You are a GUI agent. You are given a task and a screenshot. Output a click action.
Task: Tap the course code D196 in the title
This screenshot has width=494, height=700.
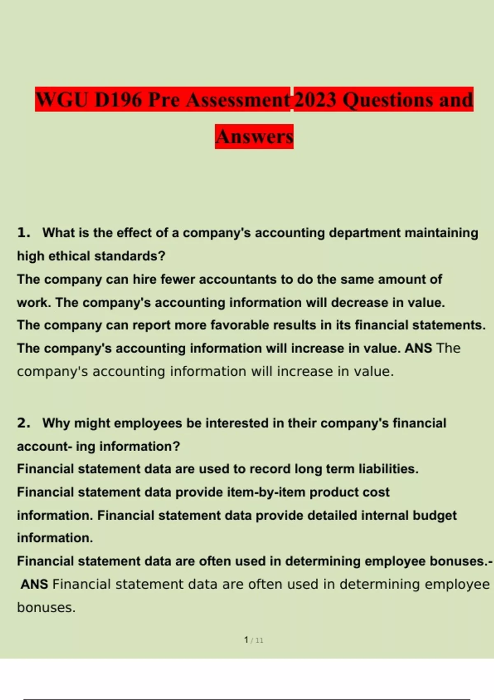(118, 100)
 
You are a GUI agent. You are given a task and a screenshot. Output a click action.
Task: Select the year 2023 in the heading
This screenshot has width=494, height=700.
(315, 100)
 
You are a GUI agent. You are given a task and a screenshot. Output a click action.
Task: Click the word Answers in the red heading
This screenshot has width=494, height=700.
(254, 137)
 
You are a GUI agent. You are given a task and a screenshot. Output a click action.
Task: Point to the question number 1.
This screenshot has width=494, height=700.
(23, 233)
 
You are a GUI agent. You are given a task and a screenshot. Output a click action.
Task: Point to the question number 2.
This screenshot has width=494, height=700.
(23, 423)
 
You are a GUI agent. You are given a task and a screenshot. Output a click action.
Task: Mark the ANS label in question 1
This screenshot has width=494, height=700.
(418, 348)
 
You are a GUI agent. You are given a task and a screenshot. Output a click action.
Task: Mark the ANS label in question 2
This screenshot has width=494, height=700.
(34, 584)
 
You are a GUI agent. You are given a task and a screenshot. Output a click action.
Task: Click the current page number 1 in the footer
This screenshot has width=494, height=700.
(246, 640)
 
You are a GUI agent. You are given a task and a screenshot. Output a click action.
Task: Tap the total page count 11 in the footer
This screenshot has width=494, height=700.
(259, 640)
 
